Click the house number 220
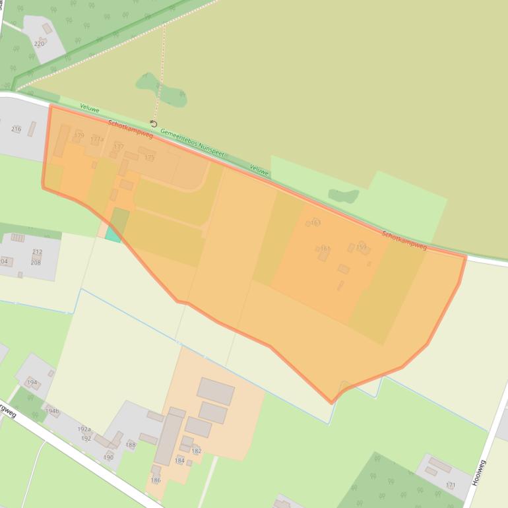[x=40, y=44]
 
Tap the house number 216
[x=16, y=129]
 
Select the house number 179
[x=79, y=135]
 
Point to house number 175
[x=150, y=158]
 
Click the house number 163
[x=315, y=223]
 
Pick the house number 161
[x=325, y=249]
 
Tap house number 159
[x=361, y=247]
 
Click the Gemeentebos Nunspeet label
[x=192, y=143]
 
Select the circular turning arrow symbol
[x=154, y=123]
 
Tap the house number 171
[x=451, y=485]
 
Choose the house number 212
[x=37, y=252]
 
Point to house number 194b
[x=52, y=411]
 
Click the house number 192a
[x=84, y=429]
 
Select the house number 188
[x=131, y=445]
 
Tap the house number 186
[x=156, y=480]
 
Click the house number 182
[x=196, y=451]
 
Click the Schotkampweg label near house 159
[x=404, y=240]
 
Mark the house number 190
[x=108, y=457]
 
